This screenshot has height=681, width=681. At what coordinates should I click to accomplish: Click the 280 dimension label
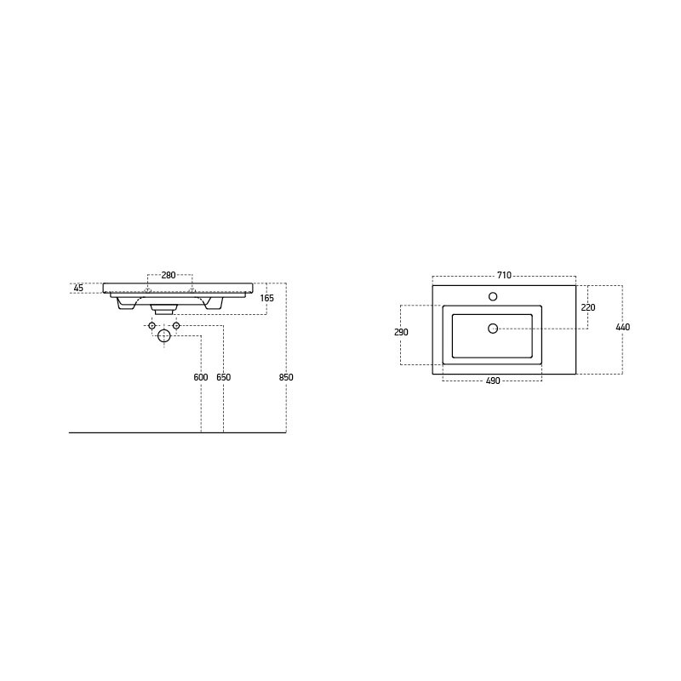coord(169,275)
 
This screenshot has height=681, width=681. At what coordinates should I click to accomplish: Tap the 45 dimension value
coord(78,288)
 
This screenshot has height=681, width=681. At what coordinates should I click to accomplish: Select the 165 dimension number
coord(267,298)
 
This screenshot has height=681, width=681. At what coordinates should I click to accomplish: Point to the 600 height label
coord(201,377)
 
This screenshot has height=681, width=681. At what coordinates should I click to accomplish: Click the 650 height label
coord(224,377)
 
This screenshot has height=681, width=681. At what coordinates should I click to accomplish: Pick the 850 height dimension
coord(286,377)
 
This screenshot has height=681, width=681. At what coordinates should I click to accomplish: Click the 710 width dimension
coord(504,275)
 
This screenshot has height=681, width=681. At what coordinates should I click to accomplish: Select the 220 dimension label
coord(588,307)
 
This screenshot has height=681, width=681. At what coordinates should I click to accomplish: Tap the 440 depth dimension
coord(623,327)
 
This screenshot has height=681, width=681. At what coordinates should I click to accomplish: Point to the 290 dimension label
coord(401,332)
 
